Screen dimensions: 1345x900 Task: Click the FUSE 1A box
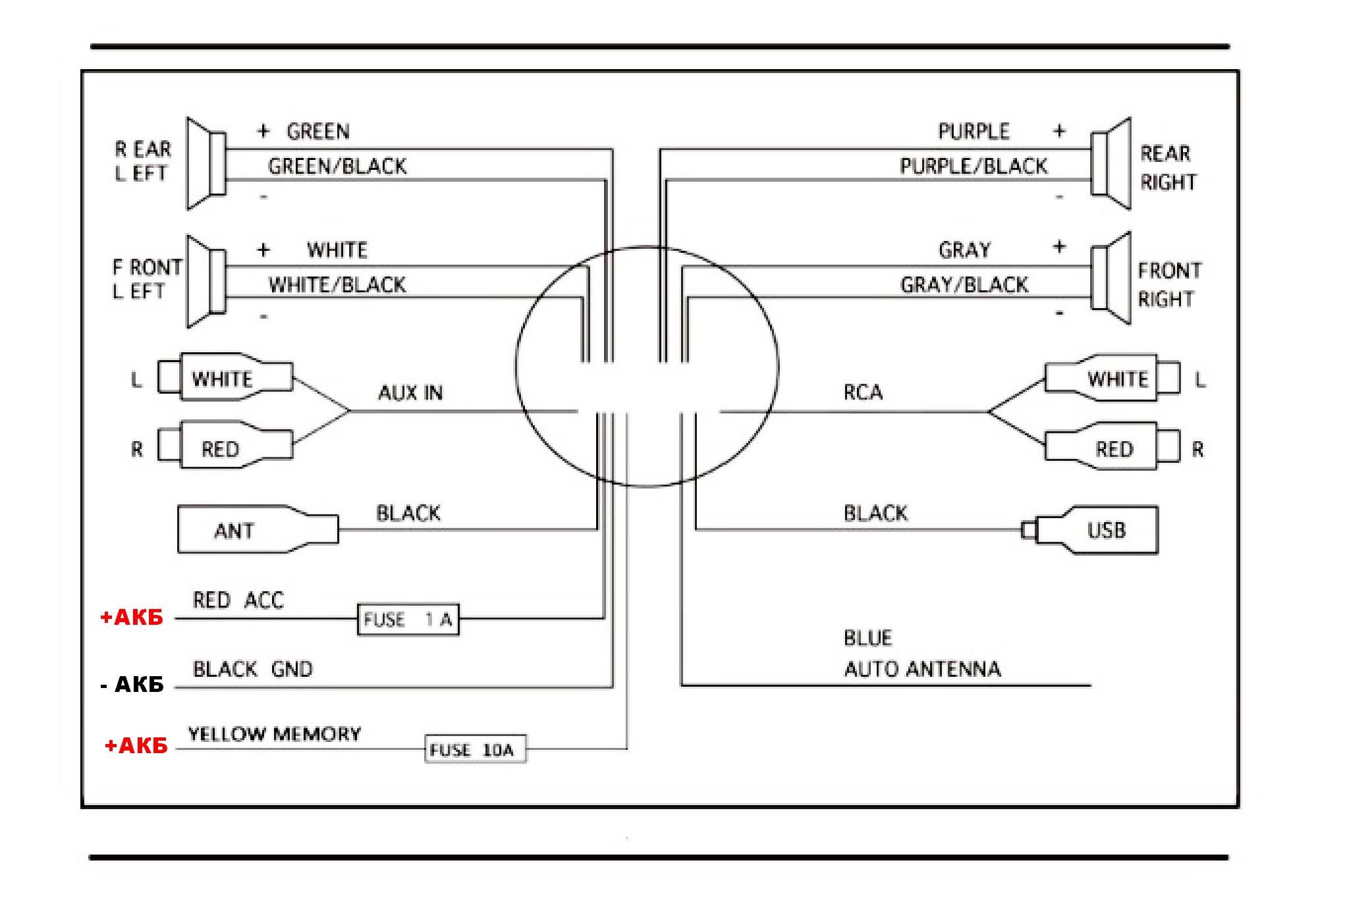(408, 619)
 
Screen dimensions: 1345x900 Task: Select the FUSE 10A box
(476, 749)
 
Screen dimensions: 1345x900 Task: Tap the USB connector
(1089, 530)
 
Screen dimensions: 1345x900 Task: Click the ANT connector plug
(258, 529)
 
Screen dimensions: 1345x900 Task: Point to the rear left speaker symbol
(206, 164)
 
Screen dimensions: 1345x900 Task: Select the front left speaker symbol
(206, 281)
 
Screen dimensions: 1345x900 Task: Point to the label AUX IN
(410, 393)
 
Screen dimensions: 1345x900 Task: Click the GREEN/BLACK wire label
(337, 166)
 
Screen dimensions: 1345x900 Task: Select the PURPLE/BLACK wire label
(974, 166)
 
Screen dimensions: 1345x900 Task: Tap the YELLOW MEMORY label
(275, 734)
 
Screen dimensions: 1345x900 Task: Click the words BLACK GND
(252, 670)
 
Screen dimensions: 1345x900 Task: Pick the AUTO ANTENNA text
(922, 670)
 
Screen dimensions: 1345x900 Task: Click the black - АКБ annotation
(132, 685)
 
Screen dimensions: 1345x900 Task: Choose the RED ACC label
(238, 600)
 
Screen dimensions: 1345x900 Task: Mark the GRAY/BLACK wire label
(964, 284)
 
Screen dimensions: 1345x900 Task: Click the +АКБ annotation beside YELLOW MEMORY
(136, 746)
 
